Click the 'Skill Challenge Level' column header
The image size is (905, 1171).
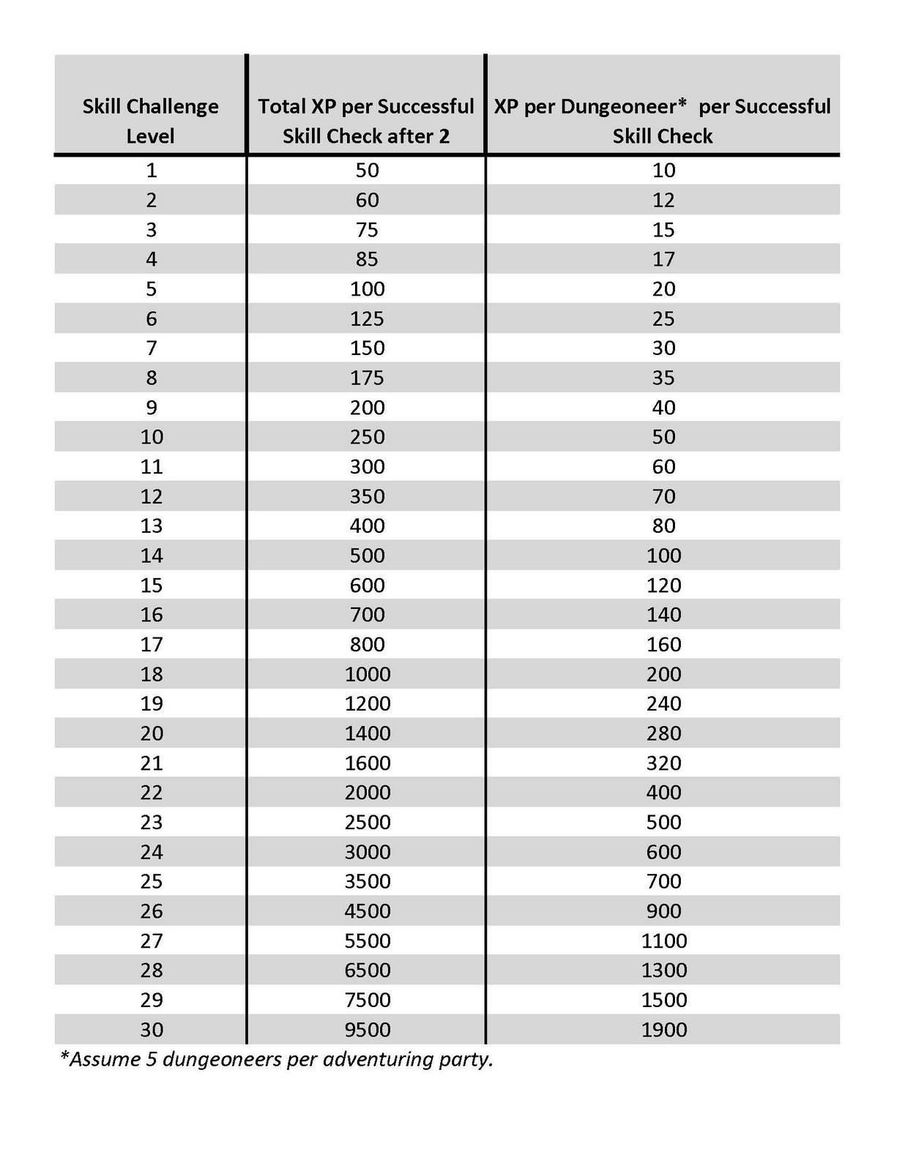(150, 121)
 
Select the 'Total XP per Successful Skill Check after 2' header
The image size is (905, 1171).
(366, 121)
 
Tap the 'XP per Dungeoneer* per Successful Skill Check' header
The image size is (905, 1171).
(663, 121)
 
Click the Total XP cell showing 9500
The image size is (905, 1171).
(368, 1029)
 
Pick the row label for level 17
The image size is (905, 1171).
(151, 644)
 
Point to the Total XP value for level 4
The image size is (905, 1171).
(368, 259)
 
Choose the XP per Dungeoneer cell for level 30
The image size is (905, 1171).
(664, 1029)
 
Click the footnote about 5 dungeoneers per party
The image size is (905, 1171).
(277, 1059)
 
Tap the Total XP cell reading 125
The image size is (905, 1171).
(368, 318)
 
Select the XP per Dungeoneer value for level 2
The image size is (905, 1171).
(664, 200)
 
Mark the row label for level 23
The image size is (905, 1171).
(151, 822)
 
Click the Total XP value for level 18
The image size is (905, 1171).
(368, 674)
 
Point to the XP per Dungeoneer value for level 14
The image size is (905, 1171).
(664, 555)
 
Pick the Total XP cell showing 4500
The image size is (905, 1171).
(368, 910)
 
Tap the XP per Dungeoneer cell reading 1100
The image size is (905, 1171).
(664, 940)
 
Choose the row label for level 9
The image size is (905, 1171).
(151, 407)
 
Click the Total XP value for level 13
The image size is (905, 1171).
(368, 525)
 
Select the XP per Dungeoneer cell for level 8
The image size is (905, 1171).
(664, 378)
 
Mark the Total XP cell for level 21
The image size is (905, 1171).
(368, 763)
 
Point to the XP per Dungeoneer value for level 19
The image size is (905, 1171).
(664, 703)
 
